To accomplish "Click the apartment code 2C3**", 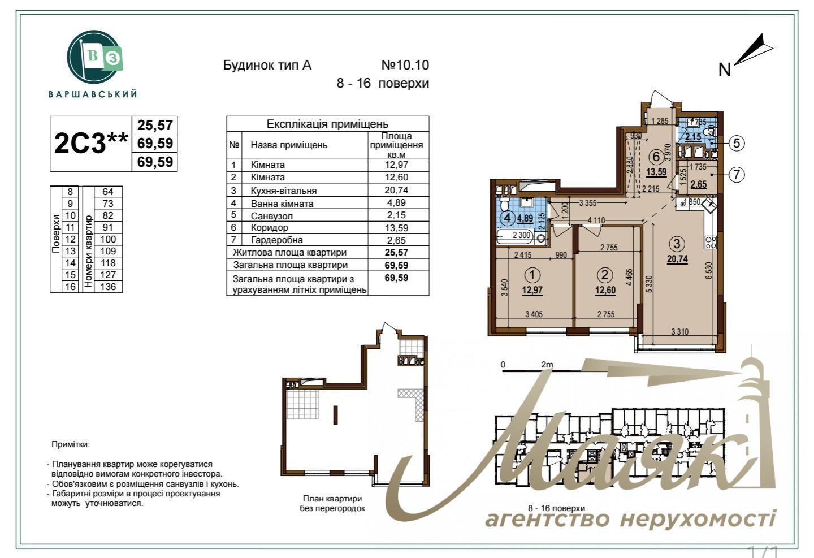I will pyautogui.click(x=90, y=144).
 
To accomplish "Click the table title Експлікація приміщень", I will pyautogui.click(x=327, y=124).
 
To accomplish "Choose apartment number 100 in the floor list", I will pyautogui.click(x=107, y=239).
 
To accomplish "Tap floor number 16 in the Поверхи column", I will pyautogui.click(x=71, y=287).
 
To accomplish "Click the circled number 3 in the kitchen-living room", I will pyautogui.click(x=677, y=244).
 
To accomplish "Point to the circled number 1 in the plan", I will pyautogui.click(x=532, y=275).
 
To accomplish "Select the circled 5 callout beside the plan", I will pyautogui.click(x=736, y=143).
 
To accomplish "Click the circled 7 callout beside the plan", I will pyautogui.click(x=736, y=175).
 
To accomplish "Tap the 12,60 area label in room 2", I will pyautogui.click(x=605, y=291).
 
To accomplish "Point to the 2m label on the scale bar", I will pyautogui.click(x=547, y=365).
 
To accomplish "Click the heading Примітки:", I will pyautogui.click(x=71, y=445).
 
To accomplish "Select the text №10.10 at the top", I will pyautogui.click(x=405, y=65).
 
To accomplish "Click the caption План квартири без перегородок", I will pyautogui.click(x=332, y=503).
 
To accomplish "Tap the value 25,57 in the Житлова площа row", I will pyautogui.click(x=396, y=253).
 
